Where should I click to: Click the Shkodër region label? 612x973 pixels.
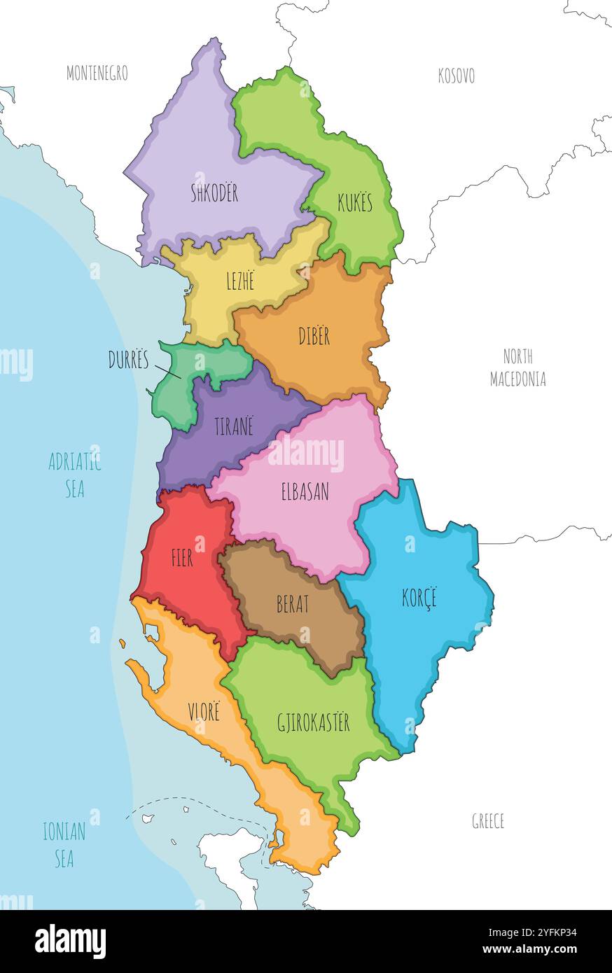tap(214, 193)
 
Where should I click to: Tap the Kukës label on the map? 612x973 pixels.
tap(355, 204)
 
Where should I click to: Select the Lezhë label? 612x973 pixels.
tap(239, 281)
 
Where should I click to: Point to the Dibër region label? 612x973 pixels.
tap(314, 337)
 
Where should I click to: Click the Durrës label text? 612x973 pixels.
tap(129, 360)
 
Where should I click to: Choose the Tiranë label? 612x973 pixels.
tap(233, 426)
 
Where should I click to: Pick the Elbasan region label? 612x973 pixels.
tap(305, 492)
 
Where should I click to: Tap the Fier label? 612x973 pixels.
tap(182, 558)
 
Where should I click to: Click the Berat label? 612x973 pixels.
tap(293, 604)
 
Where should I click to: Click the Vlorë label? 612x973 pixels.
tap(203, 713)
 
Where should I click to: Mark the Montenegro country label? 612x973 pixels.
tap(97, 73)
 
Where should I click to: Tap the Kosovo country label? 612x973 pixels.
tap(456, 76)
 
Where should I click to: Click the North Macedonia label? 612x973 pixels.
tap(517, 367)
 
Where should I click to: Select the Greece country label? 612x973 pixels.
tap(488, 821)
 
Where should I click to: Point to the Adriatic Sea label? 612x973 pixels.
tap(75, 475)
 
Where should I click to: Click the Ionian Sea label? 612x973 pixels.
tap(64, 845)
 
